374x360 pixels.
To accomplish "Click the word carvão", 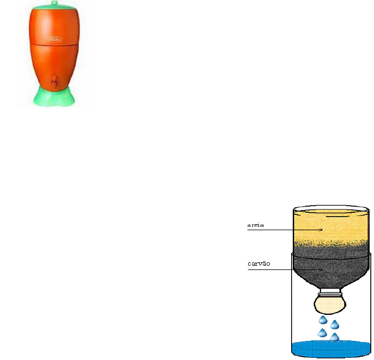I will (258, 264).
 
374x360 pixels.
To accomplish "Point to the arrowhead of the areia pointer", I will (323, 230).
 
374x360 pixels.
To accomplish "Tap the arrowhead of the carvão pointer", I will (322, 269).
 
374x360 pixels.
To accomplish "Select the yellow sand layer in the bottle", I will (333, 224).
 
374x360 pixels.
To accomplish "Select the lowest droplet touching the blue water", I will (334, 338).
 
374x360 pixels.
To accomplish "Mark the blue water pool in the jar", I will (332, 350).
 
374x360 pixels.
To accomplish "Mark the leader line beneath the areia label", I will (273, 230).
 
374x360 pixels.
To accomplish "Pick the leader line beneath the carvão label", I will (273, 269).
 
